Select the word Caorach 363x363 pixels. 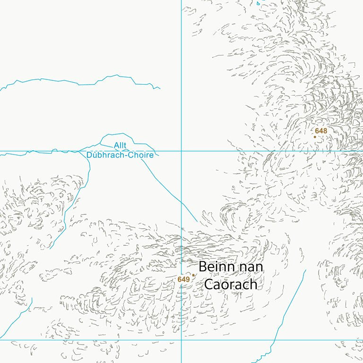click(x=230, y=284)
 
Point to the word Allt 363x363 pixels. click(x=120, y=146)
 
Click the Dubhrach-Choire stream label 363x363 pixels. click(x=120, y=155)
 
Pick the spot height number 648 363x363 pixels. click(x=321, y=130)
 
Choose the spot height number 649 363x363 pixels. click(x=183, y=279)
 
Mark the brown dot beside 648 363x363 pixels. click(x=315, y=137)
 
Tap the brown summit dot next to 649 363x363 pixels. click(x=193, y=275)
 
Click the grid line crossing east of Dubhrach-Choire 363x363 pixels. click(x=181, y=151)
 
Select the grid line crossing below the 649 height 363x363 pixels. click(x=181, y=339)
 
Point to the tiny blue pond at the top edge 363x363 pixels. click(x=258, y=3)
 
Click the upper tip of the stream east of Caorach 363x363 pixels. click(x=306, y=270)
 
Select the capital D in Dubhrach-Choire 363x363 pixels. click(x=90, y=155)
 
